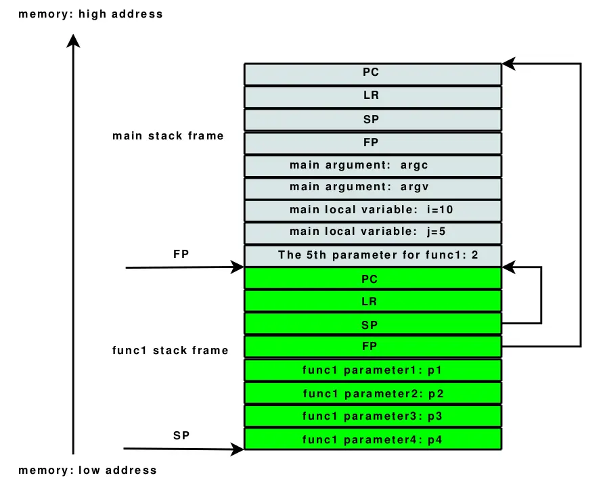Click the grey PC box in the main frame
(373, 74)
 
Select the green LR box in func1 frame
(373, 301)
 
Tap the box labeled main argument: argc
(373, 166)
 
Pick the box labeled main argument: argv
(373, 188)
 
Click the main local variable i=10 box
(373, 211)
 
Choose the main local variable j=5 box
(373, 233)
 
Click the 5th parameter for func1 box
(373, 255)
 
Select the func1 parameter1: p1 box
(373, 370)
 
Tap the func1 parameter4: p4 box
(373, 439)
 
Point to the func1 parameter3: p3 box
(373, 416)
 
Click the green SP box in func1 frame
(373, 324)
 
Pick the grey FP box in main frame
(373, 143)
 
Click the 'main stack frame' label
(168, 136)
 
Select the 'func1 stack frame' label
(170, 351)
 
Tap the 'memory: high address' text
(91, 14)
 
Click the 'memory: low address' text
(87, 470)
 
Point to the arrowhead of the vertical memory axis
(73, 40)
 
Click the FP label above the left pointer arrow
(181, 254)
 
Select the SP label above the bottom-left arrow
(181, 435)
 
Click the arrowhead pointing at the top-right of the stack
(508, 64)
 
